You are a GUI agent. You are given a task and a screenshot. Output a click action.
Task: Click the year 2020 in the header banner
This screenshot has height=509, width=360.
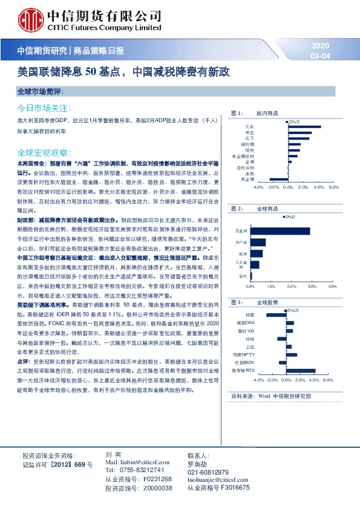[x=321, y=46]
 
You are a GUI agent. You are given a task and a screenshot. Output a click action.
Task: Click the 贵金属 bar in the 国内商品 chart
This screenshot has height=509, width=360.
[x=279, y=179]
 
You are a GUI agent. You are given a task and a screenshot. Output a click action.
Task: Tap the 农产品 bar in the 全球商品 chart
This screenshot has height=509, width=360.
[x=257, y=242]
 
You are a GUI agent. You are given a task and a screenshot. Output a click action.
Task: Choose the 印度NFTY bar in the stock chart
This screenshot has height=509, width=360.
[x=292, y=355]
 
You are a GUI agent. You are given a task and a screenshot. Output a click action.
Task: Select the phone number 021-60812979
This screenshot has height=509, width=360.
[x=208, y=472]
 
